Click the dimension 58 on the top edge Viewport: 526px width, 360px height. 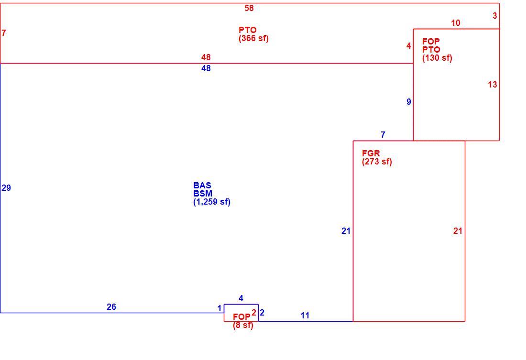pos(249,8)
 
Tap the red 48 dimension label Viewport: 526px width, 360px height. pos(206,57)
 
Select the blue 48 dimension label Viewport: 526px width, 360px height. pos(206,68)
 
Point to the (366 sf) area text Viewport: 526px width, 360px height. pos(253,38)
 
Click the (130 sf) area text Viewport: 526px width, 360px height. pos(437,58)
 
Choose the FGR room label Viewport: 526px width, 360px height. pos(371,153)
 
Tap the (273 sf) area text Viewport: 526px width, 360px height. pos(377,162)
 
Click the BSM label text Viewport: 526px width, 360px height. pos(203,194)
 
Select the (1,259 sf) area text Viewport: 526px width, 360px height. pos(212,202)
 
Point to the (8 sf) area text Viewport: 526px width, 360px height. pos(243,325)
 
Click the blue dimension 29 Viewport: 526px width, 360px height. pos(6,188)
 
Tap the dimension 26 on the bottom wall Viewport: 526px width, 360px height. pos(111,307)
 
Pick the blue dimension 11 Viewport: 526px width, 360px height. pos(305,316)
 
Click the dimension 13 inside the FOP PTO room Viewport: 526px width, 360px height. pos(493,85)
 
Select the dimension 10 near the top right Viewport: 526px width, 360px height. pos(456,23)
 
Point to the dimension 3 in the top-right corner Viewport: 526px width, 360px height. pos(495,16)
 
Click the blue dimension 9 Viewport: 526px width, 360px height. pos(408,102)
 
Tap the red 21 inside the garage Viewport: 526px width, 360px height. pos(458,231)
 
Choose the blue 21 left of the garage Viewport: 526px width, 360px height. pos(346,231)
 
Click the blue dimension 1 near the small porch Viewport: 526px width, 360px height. pos(219,308)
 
